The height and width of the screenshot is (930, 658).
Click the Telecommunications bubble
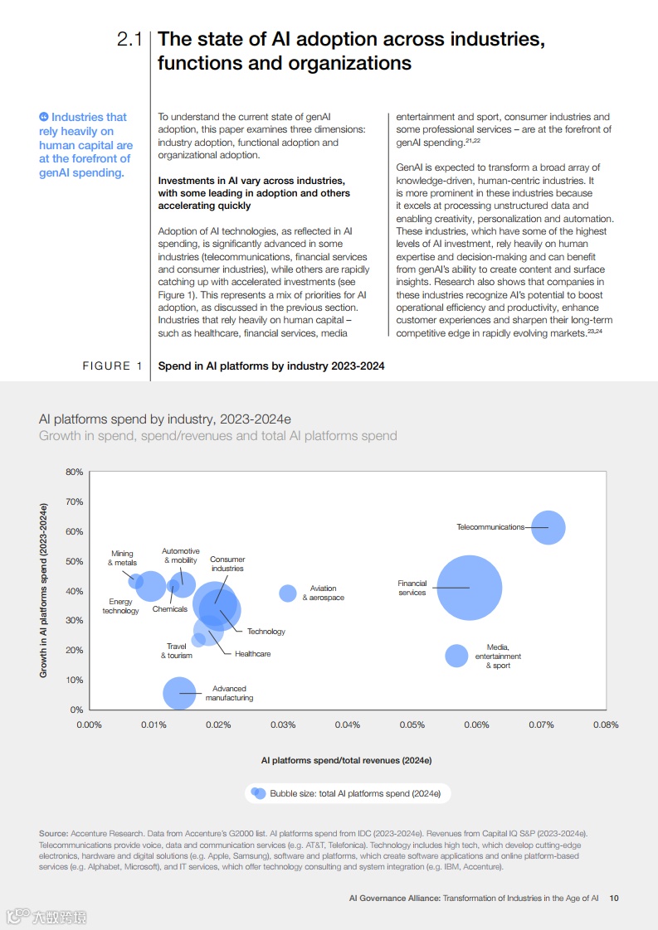(548, 527)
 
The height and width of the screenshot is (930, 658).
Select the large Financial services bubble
(470, 588)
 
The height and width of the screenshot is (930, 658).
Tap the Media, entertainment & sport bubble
(456, 656)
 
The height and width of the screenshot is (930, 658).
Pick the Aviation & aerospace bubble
(288, 593)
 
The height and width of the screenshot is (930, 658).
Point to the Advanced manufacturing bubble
(178, 693)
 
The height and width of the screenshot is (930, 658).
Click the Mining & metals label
(122, 558)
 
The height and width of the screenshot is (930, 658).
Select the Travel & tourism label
(176, 651)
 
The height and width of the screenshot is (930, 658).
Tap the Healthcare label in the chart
(252, 654)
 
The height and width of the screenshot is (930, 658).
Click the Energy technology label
(120, 607)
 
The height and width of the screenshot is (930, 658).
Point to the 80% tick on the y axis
(75, 472)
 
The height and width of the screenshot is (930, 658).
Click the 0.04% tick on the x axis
(347, 724)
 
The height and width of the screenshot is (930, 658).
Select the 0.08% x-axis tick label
(606, 724)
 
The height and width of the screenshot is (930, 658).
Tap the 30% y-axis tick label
(75, 621)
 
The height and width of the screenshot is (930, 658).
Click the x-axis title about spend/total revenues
(346, 759)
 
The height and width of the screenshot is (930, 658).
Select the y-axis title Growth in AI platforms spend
(43, 590)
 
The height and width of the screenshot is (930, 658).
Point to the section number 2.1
(130, 39)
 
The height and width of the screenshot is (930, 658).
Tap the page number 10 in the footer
(614, 898)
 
